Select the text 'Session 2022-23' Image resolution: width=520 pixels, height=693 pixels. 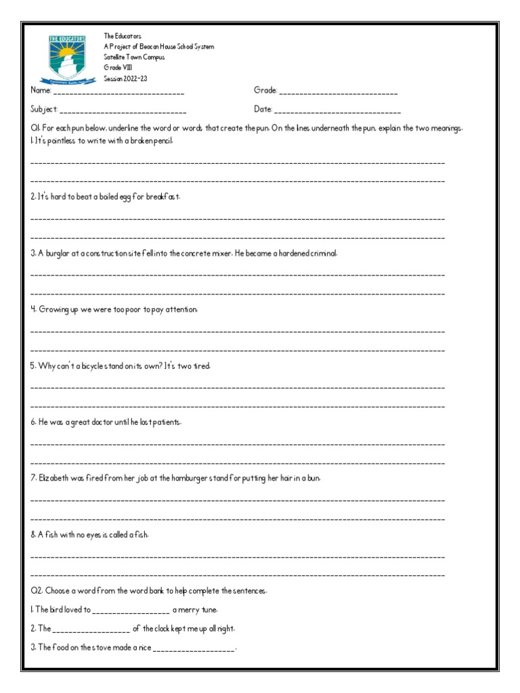pyautogui.click(x=125, y=79)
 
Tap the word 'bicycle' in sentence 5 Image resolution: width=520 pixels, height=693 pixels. pyautogui.click(x=96, y=365)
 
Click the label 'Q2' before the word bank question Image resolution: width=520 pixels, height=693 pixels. pyautogui.click(x=36, y=591)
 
